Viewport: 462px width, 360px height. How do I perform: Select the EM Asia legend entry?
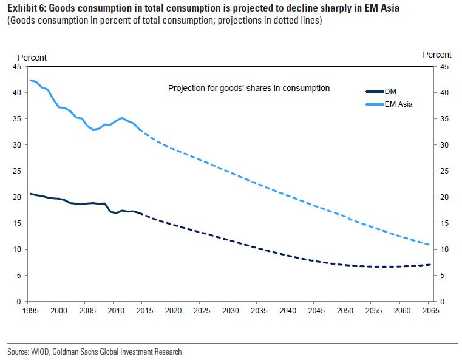(x=398, y=104)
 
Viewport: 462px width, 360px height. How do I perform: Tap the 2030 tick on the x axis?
(x=230, y=310)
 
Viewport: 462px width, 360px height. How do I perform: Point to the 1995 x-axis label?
(x=30, y=310)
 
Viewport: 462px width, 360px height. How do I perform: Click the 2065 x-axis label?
(x=430, y=310)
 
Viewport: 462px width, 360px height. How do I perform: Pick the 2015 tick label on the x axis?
(x=144, y=310)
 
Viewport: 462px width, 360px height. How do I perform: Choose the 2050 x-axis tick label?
(x=344, y=310)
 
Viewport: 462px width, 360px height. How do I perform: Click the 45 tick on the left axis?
(x=17, y=67)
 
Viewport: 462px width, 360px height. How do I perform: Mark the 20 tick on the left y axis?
(x=17, y=197)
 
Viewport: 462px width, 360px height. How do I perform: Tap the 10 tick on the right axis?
(x=444, y=250)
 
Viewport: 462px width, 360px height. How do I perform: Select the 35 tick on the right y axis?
(x=444, y=119)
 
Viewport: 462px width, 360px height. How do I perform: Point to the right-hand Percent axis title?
(x=437, y=55)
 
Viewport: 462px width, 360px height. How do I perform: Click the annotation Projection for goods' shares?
(x=248, y=88)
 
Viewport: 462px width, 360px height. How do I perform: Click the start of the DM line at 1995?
(x=30, y=194)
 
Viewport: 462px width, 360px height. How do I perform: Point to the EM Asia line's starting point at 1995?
(x=30, y=80)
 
